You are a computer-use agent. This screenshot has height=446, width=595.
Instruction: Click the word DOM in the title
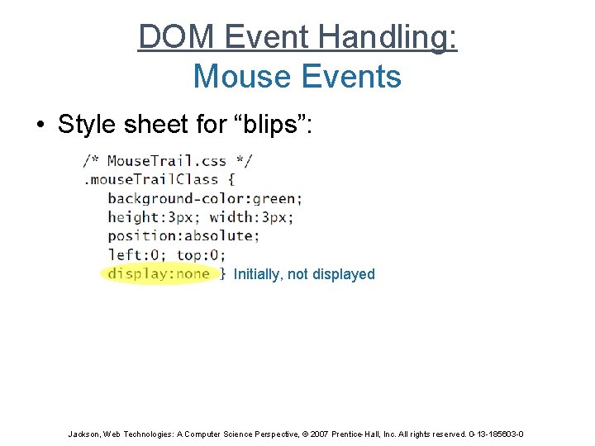169,37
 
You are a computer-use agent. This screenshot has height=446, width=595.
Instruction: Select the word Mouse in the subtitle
239,77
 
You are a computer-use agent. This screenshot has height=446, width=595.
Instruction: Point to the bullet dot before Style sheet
40,125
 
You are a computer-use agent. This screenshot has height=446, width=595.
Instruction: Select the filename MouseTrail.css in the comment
167,160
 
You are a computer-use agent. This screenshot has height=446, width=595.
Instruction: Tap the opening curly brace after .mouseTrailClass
231,179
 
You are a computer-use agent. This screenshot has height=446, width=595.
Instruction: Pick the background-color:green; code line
205,198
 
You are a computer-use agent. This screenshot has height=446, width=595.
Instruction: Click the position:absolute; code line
183,235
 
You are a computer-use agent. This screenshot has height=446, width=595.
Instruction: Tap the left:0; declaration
136,254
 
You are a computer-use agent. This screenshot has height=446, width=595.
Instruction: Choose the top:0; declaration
200,254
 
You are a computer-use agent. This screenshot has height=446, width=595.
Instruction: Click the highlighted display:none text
159,273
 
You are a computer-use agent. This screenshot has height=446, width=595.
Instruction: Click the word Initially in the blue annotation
258,274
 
